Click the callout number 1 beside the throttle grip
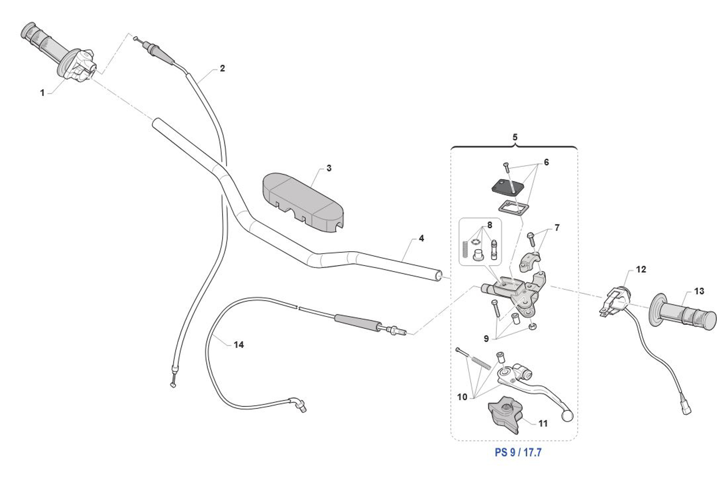click(43, 93)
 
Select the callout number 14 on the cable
click(238, 345)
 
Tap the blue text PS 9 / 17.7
click(518, 452)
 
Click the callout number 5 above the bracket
click(515, 137)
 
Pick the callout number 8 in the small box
click(489, 225)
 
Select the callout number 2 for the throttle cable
click(223, 68)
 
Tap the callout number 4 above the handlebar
click(421, 238)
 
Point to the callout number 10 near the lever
click(462, 397)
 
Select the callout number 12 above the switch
click(641, 269)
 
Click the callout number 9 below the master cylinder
click(486, 339)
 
